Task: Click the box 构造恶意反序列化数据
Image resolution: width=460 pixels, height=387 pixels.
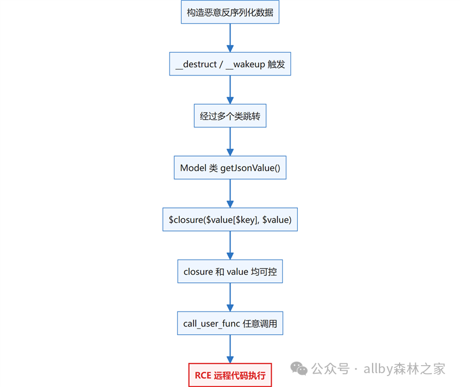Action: click(x=230, y=12)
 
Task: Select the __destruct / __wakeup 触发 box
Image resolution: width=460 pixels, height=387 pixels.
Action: click(x=230, y=64)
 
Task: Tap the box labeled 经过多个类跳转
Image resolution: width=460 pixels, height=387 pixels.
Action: click(x=230, y=116)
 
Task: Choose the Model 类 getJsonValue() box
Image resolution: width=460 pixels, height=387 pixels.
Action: click(x=230, y=168)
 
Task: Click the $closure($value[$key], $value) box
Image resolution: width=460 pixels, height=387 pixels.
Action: click(x=230, y=219)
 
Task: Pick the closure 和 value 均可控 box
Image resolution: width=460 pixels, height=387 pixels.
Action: click(x=230, y=271)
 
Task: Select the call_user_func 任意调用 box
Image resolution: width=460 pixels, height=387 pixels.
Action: click(x=230, y=323)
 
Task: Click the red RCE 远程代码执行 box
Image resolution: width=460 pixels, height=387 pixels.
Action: click(x=230, y=375)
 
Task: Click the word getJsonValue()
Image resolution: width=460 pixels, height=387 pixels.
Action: click(x=250, y=168)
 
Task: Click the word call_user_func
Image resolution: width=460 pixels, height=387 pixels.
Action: click(x=212, y=324)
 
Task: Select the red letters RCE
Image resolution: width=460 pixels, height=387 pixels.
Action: click(x=203, y=375)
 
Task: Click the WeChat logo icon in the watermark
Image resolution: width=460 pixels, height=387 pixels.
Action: click(x=298, y=369)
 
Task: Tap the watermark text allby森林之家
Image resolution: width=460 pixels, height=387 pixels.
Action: click(x=404, y=369)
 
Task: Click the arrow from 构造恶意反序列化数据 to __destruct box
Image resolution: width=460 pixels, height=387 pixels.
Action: click(x=230, y=38)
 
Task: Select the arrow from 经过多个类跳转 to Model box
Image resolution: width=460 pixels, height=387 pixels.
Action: click(x=230, y=142)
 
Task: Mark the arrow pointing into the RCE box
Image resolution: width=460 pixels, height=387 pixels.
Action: click(x=230, y=349)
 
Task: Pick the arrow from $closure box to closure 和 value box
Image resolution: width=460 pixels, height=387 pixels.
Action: click(x=230, y=245)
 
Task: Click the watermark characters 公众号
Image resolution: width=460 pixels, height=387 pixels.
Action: click(x=330, y=369)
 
